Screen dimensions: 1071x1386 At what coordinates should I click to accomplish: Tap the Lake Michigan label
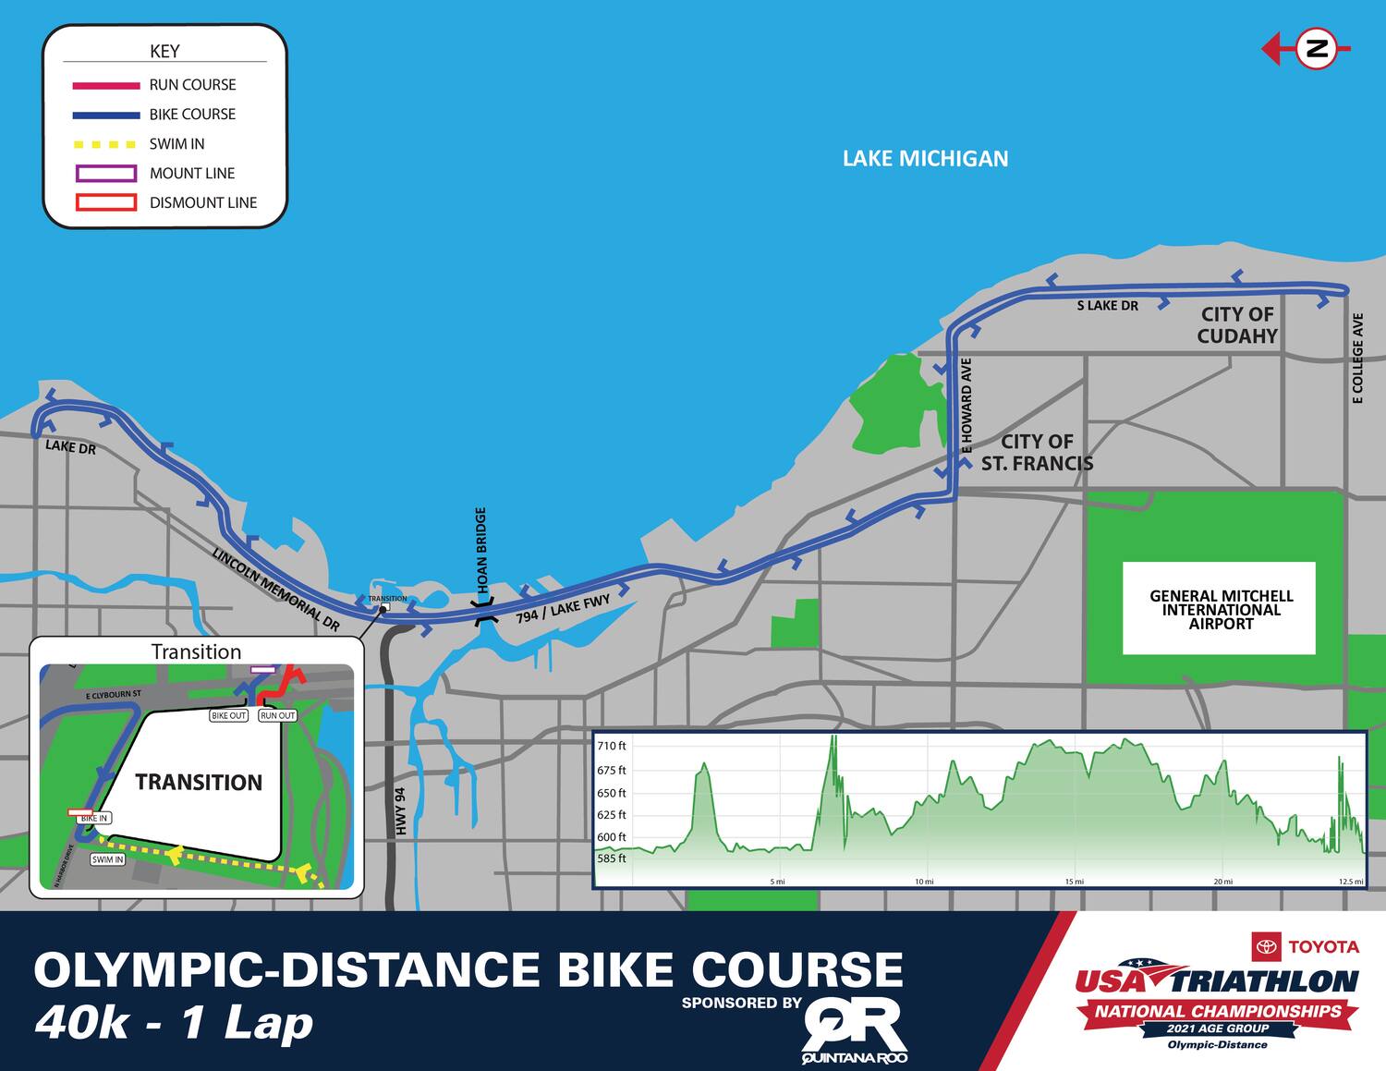(x=925, y=159)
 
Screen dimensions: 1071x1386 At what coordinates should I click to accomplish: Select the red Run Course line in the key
(x=106, y=85)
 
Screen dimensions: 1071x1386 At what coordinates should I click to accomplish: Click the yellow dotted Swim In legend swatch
(x=106, y=144)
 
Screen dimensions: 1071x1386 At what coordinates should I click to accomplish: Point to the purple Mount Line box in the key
(x=106, y=174)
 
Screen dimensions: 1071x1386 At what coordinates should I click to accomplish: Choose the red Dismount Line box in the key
(x=106, y=202)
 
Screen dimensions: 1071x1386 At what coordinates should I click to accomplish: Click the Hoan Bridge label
(x=480, y=551)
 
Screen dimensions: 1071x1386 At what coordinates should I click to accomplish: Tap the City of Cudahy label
(x=1237, y=325)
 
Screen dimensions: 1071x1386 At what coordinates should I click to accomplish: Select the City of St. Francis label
(x=1037, y=453)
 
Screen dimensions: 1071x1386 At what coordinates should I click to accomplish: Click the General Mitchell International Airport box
(x=1220, y=609)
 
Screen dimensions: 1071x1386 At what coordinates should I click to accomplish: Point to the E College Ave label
(x=1357, y=359)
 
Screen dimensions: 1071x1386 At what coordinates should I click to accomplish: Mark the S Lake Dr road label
(x=1107, y=306)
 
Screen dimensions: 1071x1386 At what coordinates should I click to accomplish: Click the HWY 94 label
(x=400, y=811)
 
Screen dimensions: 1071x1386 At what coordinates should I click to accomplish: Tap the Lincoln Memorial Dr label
(x=275, y=590)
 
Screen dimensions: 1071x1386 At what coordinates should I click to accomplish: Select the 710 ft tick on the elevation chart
(x=611, y=746)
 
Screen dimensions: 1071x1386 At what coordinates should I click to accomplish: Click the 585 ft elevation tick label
(x=611, y=858)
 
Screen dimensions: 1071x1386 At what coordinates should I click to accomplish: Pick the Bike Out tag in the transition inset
(x=229, y=715)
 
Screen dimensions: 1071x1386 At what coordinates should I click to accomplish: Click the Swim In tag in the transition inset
(x=107, y=859)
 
